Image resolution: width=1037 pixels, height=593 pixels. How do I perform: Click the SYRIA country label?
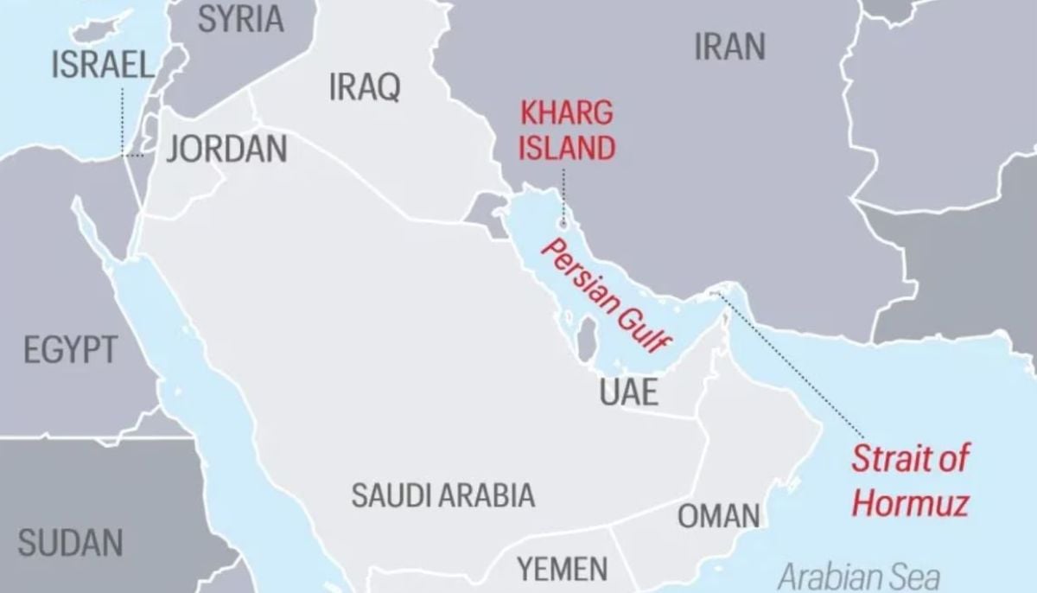coord(240,18)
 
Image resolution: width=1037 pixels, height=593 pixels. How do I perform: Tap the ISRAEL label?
coord(101,65)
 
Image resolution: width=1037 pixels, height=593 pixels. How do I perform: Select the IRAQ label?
coord(364,86)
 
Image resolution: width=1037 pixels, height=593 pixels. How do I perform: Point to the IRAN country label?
coord(729,48)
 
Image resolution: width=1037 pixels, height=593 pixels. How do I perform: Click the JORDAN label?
coord(226,149)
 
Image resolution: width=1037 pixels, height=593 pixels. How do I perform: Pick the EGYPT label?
coord(69,351)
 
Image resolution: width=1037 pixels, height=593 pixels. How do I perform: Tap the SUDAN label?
coord(70,543)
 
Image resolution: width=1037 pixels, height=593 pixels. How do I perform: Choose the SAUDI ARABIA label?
coord(442,495)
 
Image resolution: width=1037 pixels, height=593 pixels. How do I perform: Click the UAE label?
coord(629,392)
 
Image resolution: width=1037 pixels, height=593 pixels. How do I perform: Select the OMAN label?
coord(718,516)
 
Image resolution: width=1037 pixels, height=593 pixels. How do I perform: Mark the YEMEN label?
coord(562,569)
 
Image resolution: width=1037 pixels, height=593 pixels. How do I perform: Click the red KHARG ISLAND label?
coord(566,130)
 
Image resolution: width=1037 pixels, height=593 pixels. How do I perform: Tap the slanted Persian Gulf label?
coord(605,296)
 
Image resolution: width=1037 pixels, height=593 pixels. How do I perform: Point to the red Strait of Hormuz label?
coord(910,481)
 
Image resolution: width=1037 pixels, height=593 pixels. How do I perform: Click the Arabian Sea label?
coord(858,576)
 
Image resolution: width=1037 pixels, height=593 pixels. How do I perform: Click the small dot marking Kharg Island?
coord(563,223)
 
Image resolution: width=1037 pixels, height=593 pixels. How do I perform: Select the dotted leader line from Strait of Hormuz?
coord(795,363)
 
